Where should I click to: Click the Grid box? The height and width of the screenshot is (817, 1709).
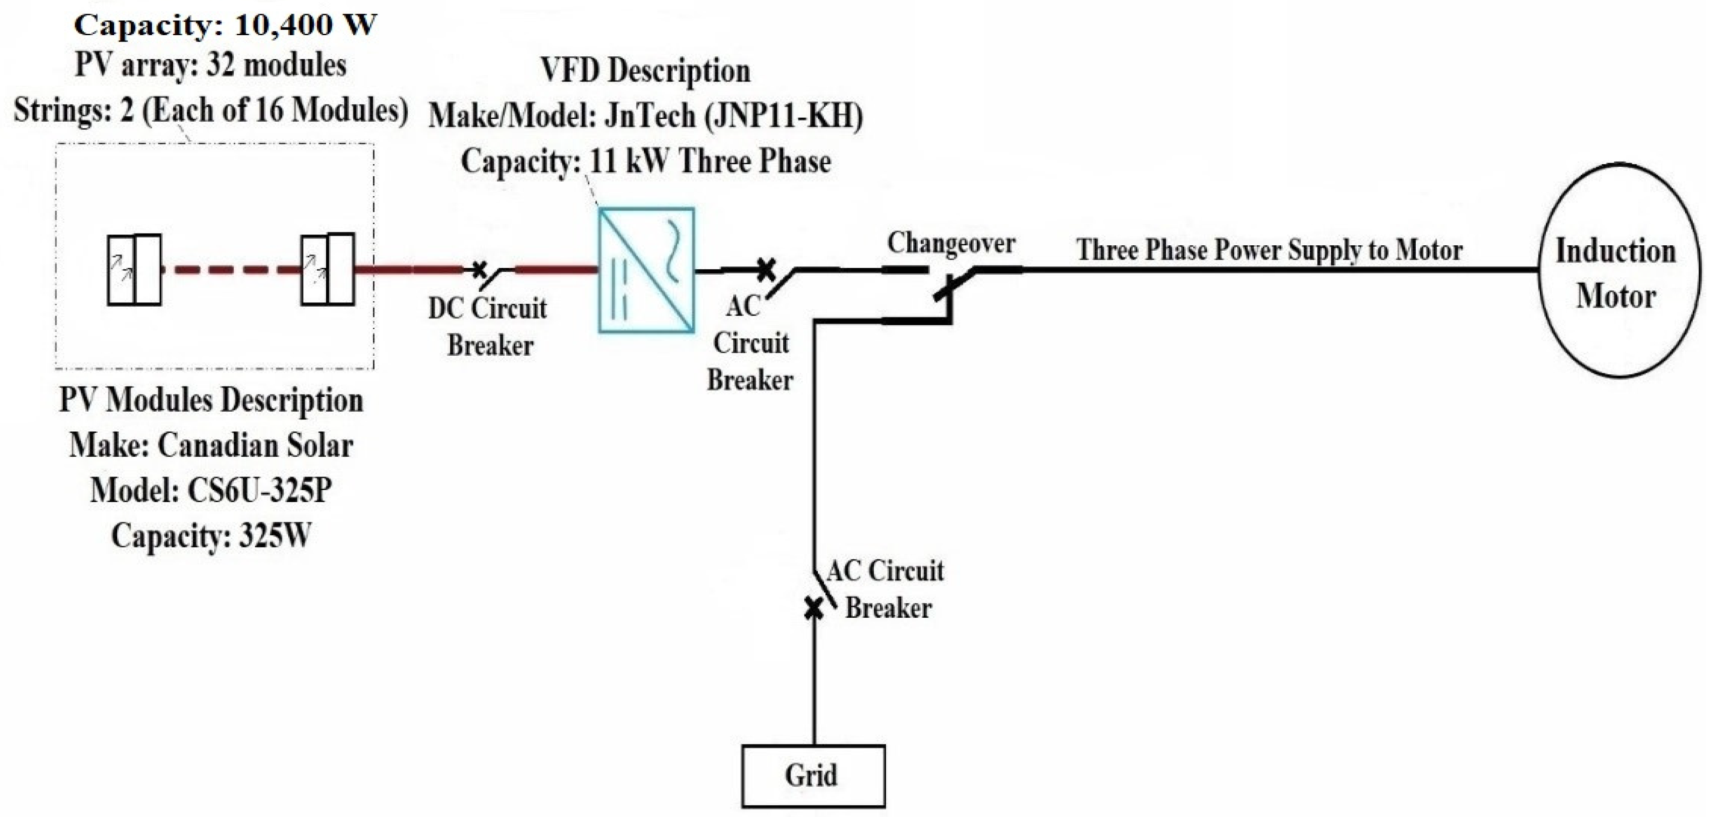[813, 776]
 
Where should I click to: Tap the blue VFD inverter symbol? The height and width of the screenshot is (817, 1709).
[646, 270]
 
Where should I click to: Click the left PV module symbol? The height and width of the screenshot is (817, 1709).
[134, 270]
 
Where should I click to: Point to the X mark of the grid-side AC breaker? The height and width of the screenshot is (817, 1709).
[813, 607]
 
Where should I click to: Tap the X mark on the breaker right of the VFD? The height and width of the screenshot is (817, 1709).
[766, 269]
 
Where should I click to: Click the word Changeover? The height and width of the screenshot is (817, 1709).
[951, 243]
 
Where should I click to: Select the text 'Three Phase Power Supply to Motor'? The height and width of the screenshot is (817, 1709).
[1269, 250]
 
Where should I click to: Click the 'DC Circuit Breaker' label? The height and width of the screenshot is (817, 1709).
[488, 326]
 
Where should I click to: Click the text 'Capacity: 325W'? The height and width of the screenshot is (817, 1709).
[211, 536]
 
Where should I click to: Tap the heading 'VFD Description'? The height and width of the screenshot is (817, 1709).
[645, 70]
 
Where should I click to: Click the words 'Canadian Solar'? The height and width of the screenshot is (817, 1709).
[255, 445]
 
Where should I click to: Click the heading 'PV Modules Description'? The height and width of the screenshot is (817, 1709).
[211, 400]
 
